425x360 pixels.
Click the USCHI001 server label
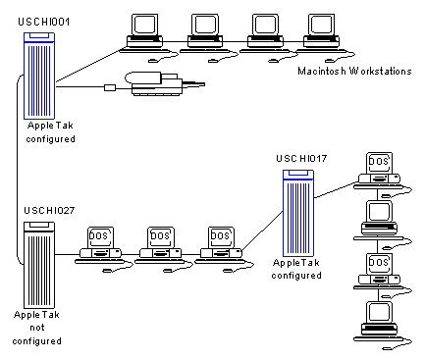click(x=43, y=22)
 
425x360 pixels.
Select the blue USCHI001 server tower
click(x=39, y=76)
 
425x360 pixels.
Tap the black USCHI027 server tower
click(x=39, y=265)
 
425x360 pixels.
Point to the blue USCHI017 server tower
click(x=298, y=213)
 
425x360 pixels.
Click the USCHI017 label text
click(x=301, y=159)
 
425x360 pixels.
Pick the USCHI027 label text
click(x=49, y=210)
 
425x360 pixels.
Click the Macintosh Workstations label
click(x=354, y=71)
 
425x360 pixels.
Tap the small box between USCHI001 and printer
click(x=110, y=87)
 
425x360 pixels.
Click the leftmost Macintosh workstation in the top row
click(x=144, y=37)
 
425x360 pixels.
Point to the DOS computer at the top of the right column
click(x=382, y=175)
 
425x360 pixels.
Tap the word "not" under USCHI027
click(x=37, y=328)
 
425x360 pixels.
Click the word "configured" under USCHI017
click(x=296, y=276)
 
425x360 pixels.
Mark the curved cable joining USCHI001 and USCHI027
click(x=17, y=170)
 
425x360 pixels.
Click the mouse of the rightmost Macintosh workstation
click(x=329, y=61)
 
